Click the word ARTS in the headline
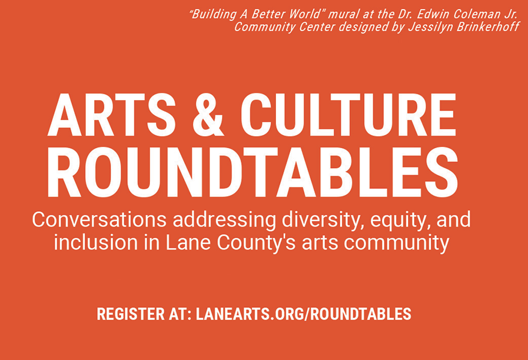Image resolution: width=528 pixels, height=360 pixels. point(111,115)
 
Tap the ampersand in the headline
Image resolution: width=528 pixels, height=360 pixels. point(208,115)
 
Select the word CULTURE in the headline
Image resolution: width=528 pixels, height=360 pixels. point(348,115)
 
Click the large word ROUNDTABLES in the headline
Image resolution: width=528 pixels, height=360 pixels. point(252,172)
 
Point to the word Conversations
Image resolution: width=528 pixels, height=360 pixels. point(100,220)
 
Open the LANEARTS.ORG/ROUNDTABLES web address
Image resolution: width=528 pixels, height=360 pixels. point(304,314)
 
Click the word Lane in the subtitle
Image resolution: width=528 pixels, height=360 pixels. point(188,243)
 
